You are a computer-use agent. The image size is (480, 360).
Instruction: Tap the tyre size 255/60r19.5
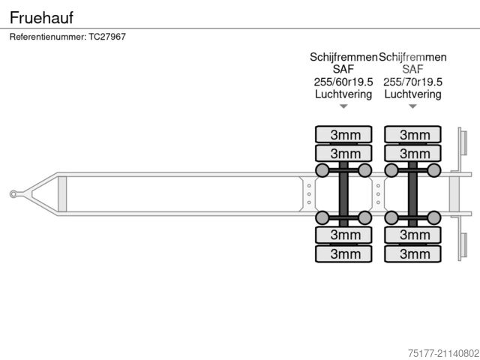pyautogui.click(x=343, y=82)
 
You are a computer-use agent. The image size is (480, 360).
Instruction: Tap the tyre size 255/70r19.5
pyautogui.click(x=412, y=82)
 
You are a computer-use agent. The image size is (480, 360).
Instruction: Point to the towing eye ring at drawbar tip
pyautogui.click(x=13, y=194)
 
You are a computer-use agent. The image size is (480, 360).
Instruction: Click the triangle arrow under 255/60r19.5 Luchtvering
pyautogui.click(x=343, y=106)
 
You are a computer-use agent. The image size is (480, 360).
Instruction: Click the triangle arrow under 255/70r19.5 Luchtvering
pyautogui.click(x=412, y=106)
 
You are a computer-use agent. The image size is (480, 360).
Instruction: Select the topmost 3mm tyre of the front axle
pyautogui.click(x=343, y=135)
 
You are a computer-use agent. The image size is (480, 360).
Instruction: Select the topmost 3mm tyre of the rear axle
pyautogui.click(x=412, y=135)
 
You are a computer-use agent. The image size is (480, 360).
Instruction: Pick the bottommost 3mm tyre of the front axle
pyautogui.click(x=343, y=253)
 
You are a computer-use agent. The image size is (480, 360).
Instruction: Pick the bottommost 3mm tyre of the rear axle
pyautogui.click(x=412, y=253)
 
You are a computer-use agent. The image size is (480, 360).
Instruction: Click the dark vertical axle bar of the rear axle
pyautogui.click(x=412, y=194)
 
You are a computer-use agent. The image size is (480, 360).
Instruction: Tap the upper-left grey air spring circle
pyautogui.click(x=322, y=170)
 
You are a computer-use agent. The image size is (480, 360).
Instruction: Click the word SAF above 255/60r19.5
pyautogui.click(x=343, y=69)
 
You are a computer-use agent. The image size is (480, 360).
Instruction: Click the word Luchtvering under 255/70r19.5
pyautogui.click(x=412, y=94)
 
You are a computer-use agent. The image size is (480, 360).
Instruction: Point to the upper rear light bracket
pyautogui.click(x=463, y=142)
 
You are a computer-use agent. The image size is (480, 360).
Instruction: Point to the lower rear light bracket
pyautogui.click(x=463, y=246)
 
